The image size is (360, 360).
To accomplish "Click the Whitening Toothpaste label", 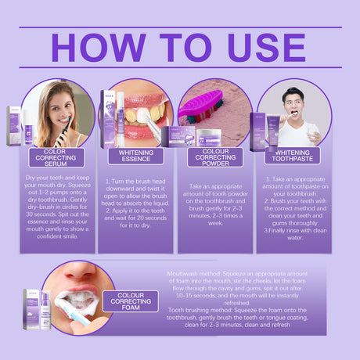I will [291, 156].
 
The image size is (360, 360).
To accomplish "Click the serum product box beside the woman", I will [15, 125].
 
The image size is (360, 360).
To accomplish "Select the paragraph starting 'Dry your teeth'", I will [56, 207].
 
